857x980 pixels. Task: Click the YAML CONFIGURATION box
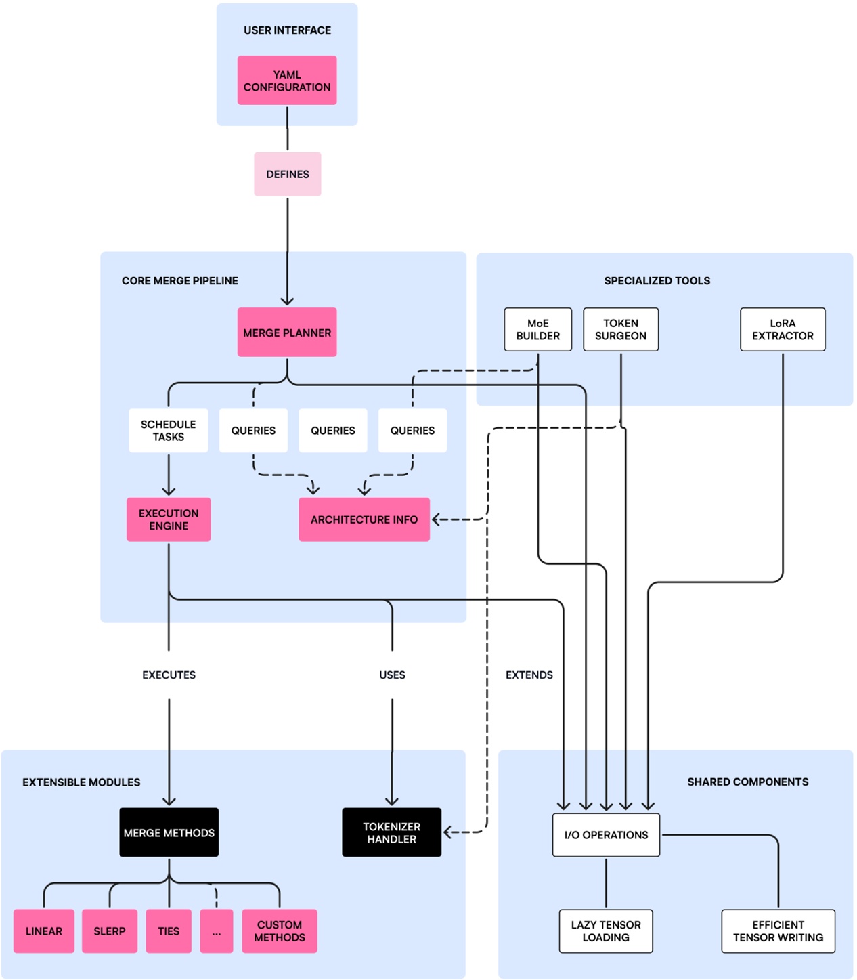click(x=287, y=81)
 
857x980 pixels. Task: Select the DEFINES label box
click(x=288, y=174)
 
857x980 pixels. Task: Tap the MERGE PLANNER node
click(x=287, y=333)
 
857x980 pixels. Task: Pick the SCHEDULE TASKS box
click(x=169, y=431)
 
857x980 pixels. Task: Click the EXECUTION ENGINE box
click(x=169, y=519)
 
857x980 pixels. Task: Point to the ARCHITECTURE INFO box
click(x=364, y=519)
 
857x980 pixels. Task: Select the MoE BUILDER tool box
click(x=538, y=330)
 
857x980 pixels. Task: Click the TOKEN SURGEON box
click(x=621, y=330)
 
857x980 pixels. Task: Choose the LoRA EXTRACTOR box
click(x=783, y=330)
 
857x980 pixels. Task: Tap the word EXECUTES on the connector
click(x=169, y=675)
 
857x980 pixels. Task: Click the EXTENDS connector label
click(x=529, y=675)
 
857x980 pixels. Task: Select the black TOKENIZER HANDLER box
click(x=392, y=832)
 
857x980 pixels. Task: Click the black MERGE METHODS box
click(x=169, y=832)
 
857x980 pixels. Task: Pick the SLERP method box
click(x=110, y=931)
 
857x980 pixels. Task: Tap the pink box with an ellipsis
click(x=217, y=931)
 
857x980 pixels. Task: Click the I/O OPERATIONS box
click(x=606, y=835)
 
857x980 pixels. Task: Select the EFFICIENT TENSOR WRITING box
click(x=778, y=931)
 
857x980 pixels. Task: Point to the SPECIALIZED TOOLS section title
click(x=657, y=281)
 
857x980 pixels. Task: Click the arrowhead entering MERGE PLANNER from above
click(x=288, y=301)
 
